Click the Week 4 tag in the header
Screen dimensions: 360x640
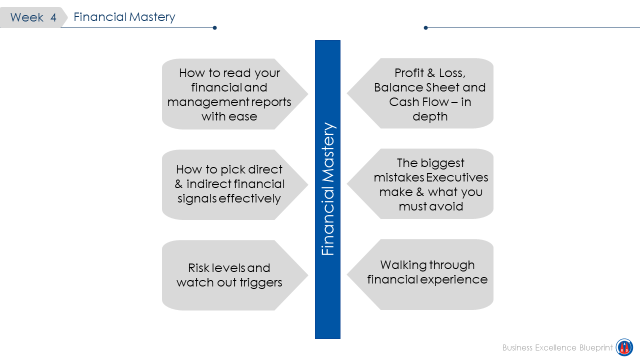[33, 17]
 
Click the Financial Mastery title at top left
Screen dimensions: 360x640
[124, 17]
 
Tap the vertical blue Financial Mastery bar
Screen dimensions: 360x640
[327, 189]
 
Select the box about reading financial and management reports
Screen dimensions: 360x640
[229, 94]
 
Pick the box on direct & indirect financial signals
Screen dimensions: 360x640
[229, 184]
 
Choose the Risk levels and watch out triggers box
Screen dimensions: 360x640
[229, 275]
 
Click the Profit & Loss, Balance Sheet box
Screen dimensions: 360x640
[430, 94]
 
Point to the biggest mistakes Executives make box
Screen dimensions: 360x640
[430, 184]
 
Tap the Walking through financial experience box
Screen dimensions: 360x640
[427, 273]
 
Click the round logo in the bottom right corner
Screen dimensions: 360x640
[624, 347]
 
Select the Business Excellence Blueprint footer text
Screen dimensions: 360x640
[557, 347]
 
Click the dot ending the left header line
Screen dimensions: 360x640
[214, 28]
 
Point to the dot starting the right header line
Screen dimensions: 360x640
[425, 28]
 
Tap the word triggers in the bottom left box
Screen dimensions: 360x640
[260, 282]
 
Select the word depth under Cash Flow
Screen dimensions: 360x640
[430, 116]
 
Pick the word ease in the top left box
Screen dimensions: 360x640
[244, 116]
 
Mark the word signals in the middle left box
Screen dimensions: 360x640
[197, 198]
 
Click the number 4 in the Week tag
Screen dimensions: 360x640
[53, 17]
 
